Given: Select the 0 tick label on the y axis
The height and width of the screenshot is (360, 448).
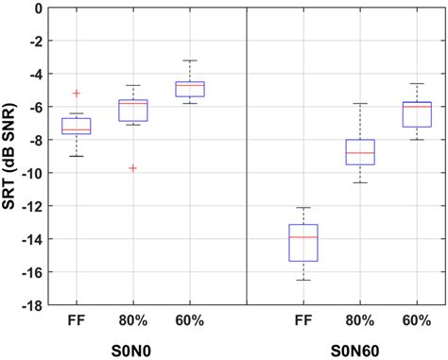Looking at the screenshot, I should point(38,9).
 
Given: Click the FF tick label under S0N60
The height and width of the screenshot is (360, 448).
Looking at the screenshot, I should point(302,321).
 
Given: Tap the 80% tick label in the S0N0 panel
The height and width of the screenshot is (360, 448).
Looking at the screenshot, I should point(132,321).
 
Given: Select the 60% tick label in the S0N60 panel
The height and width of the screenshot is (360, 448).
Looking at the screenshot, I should point(417,321).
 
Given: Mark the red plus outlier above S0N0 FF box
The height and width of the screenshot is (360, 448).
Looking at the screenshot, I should point(77,94).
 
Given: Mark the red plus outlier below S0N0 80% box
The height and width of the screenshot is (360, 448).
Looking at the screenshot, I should point(132,168).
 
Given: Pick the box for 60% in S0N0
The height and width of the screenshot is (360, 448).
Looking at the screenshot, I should point(189,90).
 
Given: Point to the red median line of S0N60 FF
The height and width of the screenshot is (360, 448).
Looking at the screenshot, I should point(302,236).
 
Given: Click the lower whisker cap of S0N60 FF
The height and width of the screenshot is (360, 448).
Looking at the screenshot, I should point(302,280).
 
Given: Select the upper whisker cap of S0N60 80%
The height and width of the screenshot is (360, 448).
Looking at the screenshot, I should point(359,104).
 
